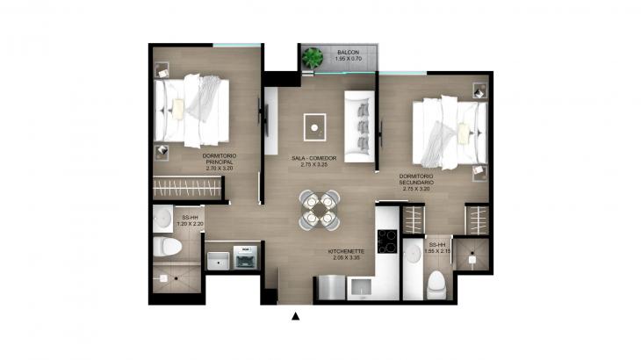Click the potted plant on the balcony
point(313,59)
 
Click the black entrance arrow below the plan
point(296,316)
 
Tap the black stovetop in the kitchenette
point(386,240)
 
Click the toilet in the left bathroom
point(164,248)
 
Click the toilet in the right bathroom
point(436,283)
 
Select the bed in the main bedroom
point(194,109)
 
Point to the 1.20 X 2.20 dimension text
point(190,224)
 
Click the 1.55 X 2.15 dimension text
point(439,251)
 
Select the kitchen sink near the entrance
point(358,288)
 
